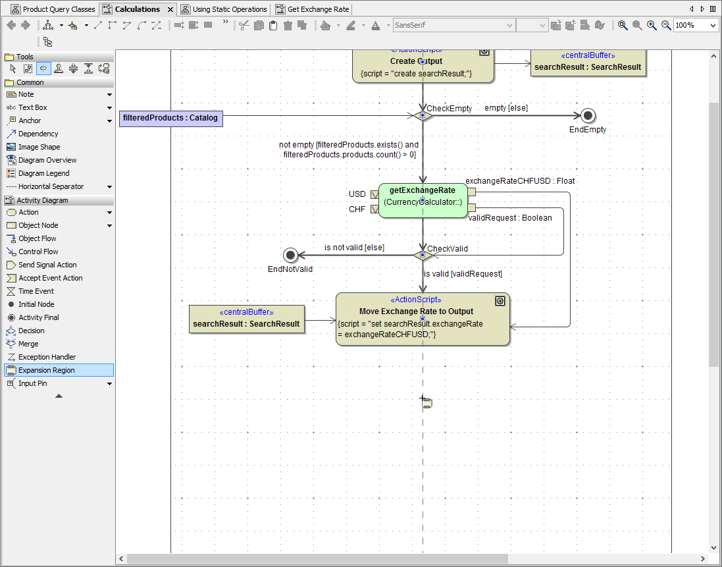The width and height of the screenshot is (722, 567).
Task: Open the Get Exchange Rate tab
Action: (x=318, y=9)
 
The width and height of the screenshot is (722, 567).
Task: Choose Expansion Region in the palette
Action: (x=46, y=370)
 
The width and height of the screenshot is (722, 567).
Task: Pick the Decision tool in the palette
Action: (x=31, y=331)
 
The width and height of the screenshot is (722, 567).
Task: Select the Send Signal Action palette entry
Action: (x=47, y=265)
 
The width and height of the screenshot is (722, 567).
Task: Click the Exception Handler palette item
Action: (x=47, y=357)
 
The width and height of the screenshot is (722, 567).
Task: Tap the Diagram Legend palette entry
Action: (x=43, y=173)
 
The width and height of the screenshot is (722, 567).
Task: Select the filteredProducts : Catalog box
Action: (x=170, y=119)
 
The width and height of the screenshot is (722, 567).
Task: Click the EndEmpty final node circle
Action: (x=588, y=116)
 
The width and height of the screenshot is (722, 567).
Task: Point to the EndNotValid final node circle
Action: (x=290, y=255)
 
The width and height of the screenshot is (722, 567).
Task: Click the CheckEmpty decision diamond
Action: (x=423, y=116)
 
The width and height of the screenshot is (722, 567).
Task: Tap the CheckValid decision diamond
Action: (x=423, y=255)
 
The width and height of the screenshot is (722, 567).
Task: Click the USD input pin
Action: (x=374, y=194)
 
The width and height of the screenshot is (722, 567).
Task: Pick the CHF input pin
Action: (x=374, y=209)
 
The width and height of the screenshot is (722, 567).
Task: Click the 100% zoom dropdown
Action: (x=696, y=25)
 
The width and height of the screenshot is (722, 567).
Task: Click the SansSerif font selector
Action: (x=453, y=25)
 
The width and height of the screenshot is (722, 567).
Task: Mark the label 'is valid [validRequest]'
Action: (x=463, y=274)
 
